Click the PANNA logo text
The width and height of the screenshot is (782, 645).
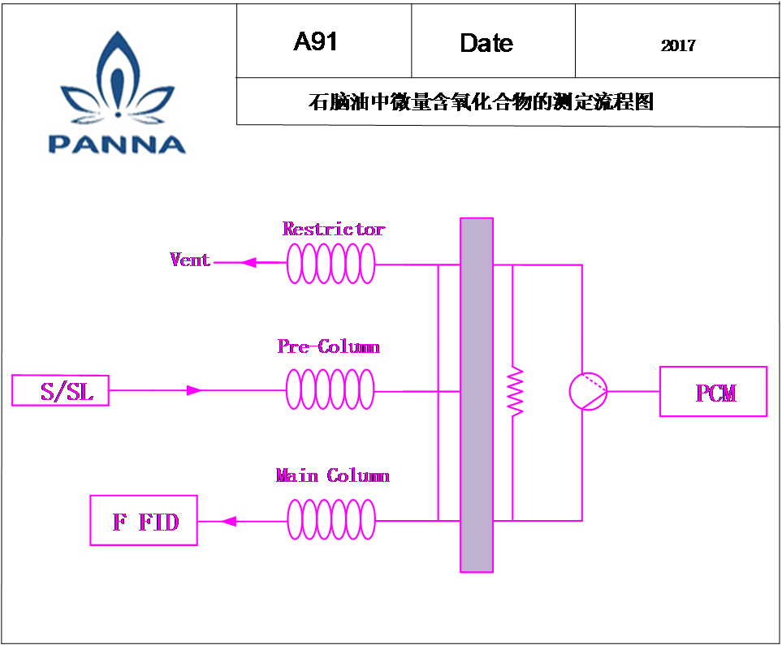(117, 144)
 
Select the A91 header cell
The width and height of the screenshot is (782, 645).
(324, 41)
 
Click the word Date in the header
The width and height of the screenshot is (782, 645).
(486, 43)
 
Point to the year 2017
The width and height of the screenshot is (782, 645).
(678, 46)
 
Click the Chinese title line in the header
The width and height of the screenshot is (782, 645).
(481, 101)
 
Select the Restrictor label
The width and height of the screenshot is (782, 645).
(333, 229)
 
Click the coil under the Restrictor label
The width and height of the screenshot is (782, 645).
(331, 263)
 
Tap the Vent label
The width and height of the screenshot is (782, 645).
(189, 260)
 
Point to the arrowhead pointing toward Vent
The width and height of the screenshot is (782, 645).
(248, 262)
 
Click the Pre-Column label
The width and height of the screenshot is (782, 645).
(329, 346)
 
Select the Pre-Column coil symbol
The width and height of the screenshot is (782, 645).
(330, 389)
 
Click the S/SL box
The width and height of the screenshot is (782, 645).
(60, 390)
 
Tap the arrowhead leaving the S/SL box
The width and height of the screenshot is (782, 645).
(194, 390)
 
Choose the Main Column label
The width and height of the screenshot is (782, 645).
(332, 475)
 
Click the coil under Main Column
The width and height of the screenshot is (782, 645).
(331, 519)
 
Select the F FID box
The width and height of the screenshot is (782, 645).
(144, 520)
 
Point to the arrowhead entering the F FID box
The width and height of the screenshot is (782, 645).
(228, 522)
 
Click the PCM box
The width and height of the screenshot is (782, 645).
(713, 391)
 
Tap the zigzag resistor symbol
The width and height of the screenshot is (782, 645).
(515, 392)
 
